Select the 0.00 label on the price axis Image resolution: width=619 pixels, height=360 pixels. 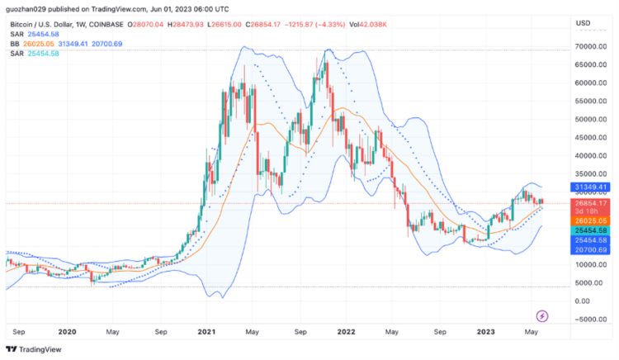(x=582, y=301)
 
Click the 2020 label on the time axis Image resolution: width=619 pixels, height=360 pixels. (x=67, y=331)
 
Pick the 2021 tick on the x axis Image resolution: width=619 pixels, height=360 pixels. (x=206, y=331)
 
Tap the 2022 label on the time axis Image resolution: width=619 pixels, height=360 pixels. (x=346, y=331)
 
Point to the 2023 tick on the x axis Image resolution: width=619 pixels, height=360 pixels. (x=486, y=331)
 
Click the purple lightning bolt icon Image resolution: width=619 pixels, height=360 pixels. (x=542, y=315)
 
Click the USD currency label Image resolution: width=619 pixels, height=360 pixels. (x=583, y=23)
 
